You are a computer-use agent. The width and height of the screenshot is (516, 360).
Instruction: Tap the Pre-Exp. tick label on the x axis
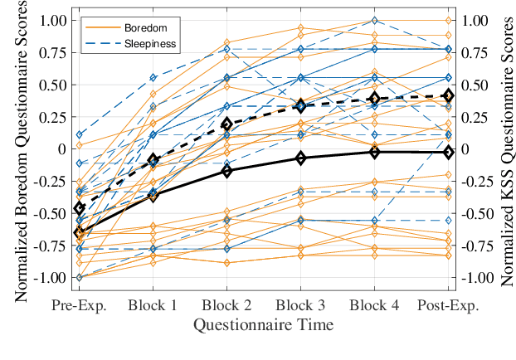[80, 305]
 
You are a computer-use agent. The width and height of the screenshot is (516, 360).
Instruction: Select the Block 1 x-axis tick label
[153, 305]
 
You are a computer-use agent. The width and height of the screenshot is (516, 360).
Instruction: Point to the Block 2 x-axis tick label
[227, 305]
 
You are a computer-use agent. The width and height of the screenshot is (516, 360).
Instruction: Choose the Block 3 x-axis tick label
[301, 305]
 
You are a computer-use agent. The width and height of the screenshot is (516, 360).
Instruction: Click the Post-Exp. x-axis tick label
[449, 305]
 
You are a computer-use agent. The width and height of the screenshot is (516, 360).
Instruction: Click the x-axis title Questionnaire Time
[264, 324]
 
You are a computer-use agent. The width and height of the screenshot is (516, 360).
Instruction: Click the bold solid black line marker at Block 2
[227, 170]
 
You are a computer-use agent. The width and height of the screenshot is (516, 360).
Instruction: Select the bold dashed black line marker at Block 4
[375, 99]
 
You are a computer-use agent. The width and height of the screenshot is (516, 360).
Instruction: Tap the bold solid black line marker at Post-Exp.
[449, 152]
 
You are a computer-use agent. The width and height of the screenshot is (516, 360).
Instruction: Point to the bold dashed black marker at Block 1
[153, 159]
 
